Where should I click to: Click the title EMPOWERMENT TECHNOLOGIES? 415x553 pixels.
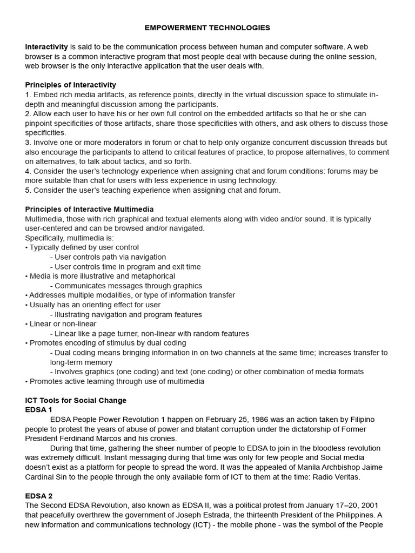pyautogui.click(x=207, y=28)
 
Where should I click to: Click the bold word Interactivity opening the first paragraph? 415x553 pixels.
pyautogui.click(x=46, y=47)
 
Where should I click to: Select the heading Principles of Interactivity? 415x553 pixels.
pyautogui.click(x=71, y=85)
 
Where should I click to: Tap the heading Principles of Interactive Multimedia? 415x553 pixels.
pyautogui.click(x=90, y=209)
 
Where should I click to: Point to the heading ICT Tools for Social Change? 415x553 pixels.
pyautogui.click(x=76, y=400)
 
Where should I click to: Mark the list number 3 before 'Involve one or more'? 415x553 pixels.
pyautogui.click(x=28, y=143)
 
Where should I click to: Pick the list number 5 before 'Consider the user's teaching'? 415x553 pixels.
pyautogui.click(x=28, y=190)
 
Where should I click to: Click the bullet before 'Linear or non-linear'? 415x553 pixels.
pyautogui.click(x=26, y=324)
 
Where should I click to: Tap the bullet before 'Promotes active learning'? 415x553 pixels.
pyautogui.click(x=26, y=381)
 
